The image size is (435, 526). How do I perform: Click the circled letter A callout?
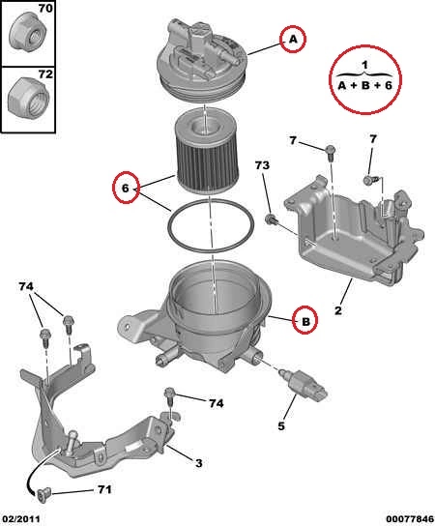[293, 39]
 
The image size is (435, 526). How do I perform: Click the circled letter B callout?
[305, 320]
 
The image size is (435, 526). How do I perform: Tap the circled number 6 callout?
[126, 188]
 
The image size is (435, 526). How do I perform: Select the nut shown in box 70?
[28, 32]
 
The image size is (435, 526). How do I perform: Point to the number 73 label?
[262, 165]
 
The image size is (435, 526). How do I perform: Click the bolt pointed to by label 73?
[271, 219]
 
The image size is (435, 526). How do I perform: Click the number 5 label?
[281, 425]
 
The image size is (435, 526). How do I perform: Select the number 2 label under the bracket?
[338, 310]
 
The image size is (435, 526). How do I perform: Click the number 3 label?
[199, 463]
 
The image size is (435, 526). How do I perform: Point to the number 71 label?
[104, 489]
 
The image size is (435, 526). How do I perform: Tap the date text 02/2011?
[21, 518]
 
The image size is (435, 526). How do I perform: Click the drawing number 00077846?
[410, 519]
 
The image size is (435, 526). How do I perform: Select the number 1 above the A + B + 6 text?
[364, 65]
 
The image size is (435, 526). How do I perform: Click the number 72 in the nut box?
[45, 73]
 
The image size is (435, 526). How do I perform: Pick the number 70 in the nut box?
[45, 8]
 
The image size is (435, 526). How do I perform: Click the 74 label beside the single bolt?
[216, 403]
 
